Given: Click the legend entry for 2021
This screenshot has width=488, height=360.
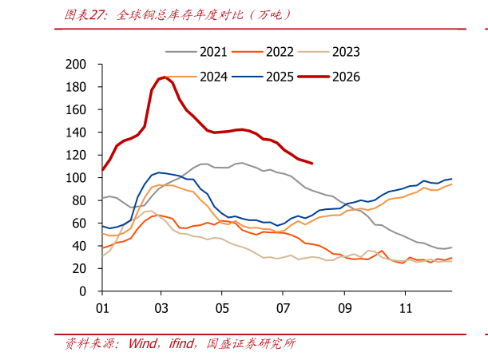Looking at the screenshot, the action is (196, 52).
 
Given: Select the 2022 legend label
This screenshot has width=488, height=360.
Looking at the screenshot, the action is (263, 52).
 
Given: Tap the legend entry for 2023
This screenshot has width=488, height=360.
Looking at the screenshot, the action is (329, 52).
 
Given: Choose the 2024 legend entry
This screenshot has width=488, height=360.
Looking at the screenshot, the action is (196, 77).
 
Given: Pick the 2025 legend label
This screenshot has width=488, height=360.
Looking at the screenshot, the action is (263, 77).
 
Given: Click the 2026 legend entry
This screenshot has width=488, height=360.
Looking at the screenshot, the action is (329, 77).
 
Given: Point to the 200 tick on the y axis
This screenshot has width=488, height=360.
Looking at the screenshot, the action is (76, 65).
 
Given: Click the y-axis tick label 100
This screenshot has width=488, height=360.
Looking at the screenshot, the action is (76, 178).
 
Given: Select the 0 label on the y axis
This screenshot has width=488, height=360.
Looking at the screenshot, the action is (82, 291).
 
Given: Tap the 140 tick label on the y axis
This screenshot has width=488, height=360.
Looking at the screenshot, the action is (76, 133).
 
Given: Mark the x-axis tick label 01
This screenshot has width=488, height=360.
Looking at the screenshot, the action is (102, 308).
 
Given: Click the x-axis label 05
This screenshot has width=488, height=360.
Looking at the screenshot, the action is (222, 308).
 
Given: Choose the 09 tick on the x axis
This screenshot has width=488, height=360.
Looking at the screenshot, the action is (345, 308).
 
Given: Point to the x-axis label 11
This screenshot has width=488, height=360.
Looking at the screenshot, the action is (406, 308).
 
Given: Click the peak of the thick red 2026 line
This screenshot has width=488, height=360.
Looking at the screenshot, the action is (165, 77).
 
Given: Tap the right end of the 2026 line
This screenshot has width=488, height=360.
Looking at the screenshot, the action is (311, 163).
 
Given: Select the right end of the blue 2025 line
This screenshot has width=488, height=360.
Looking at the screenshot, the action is (451, 179).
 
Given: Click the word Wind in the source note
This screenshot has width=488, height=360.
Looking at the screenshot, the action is (143, 343).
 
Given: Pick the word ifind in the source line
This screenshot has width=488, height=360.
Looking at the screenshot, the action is (181, 343).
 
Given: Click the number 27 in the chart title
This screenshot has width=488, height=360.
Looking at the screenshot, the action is (96, 15).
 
